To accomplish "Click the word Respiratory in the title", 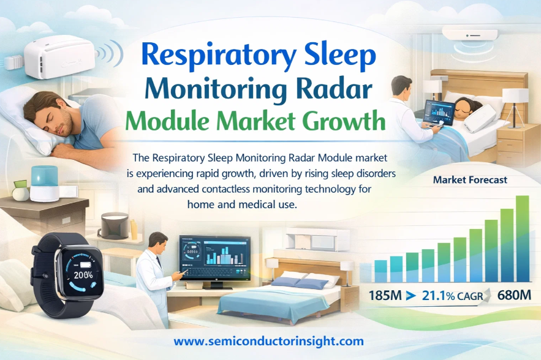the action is (219, 56).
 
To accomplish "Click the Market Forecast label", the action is (470, 179).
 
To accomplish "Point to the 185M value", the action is (385, 296).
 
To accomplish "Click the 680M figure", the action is (514, 295).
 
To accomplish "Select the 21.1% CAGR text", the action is (452, 296).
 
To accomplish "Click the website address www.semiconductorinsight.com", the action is (268, 342).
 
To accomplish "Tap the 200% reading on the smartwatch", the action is (83, 275).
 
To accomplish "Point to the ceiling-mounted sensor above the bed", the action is (470, 35).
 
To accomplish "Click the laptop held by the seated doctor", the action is (438, 114).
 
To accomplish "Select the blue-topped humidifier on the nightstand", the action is (44, 183).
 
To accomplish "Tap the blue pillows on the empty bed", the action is (300, 283).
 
